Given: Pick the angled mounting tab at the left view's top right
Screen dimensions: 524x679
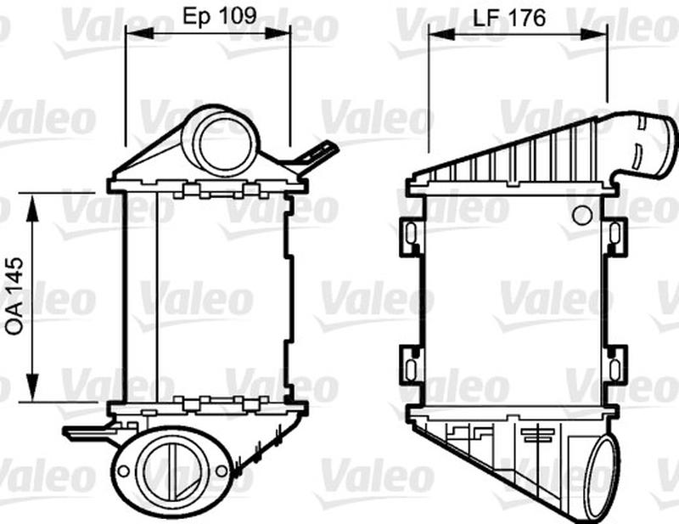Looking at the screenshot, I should [x=319, y=155].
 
